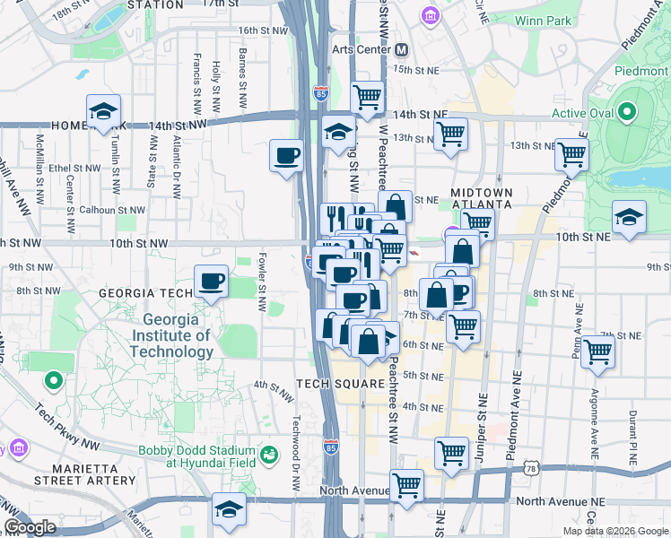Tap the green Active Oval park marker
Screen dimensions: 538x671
[627, 112]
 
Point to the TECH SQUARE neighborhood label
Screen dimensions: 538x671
[338, 383]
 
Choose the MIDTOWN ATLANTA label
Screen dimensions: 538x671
[481, 198]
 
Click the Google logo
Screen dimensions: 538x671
[30, 527]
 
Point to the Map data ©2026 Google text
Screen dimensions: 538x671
[615, 531]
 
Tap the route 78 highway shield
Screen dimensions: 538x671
[533, 469]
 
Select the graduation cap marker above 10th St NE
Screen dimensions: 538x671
[629, 217]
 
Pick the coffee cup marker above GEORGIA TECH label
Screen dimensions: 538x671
[211, 281]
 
